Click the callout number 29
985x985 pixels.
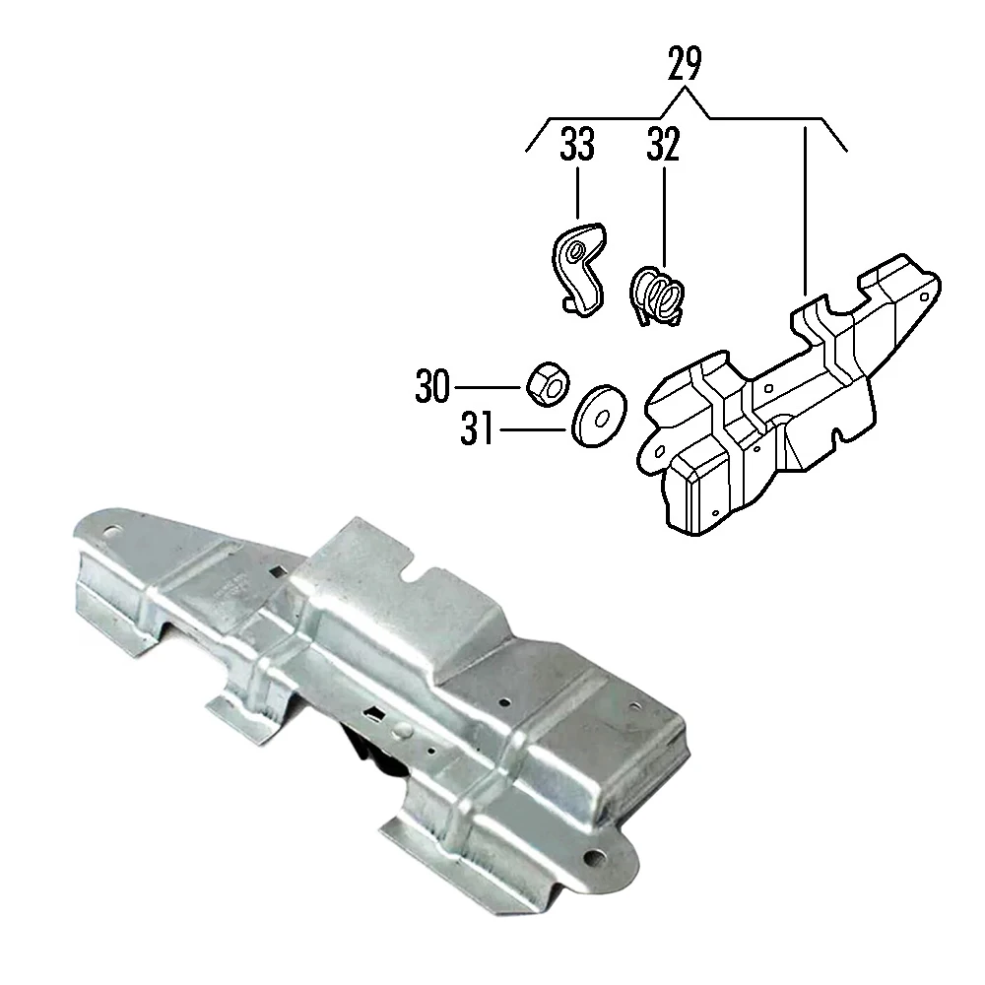pyautogui.click(x=685, y=64)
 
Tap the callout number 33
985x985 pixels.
pyautogui.click(x=578, y=146)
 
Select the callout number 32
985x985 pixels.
pyautogui.click(x=663, y=146)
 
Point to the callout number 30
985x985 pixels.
pyautogui.click(x=432, y=387)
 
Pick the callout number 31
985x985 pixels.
pyautogui.click(x=478, y=429)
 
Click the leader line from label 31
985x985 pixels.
pyautogui.click(x=533, y=429)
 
